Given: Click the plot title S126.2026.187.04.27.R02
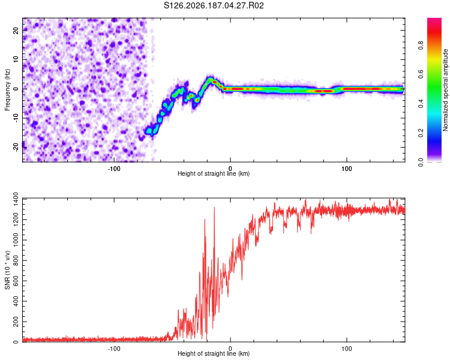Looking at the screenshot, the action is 214,5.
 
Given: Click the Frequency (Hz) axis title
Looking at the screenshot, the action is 7,90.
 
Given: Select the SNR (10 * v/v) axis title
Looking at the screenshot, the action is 7,270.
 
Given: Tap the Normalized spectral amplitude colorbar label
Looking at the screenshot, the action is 445,90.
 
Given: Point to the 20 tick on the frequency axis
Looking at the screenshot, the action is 16,30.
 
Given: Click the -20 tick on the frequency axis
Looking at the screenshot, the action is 16,147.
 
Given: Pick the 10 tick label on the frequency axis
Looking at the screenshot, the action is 16,59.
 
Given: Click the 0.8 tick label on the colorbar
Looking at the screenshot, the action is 421,46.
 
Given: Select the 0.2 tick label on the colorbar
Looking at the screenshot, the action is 421,133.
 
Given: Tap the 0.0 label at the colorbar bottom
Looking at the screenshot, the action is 421,163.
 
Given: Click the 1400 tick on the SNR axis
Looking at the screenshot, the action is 16,199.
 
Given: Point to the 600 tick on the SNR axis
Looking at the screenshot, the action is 16,281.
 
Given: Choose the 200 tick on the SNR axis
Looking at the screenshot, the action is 16,322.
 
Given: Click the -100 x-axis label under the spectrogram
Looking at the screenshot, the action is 114,169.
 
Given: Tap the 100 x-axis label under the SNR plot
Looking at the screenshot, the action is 346,349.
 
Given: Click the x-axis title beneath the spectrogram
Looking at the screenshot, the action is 214,173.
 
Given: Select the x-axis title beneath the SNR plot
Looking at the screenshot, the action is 214,353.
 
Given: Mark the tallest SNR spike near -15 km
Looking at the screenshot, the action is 214,208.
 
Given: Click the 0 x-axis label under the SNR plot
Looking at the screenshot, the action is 230,349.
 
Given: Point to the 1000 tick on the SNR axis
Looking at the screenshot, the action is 16,240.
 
